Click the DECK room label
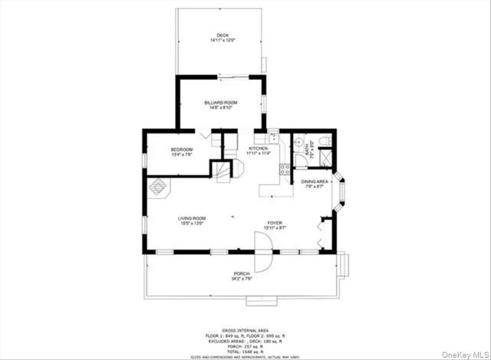point(222,35)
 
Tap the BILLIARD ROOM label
point(221,102)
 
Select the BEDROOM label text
point(181,149)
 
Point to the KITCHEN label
point(257,148)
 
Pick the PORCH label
point(242,274)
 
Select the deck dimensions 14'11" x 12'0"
point(222,40)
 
